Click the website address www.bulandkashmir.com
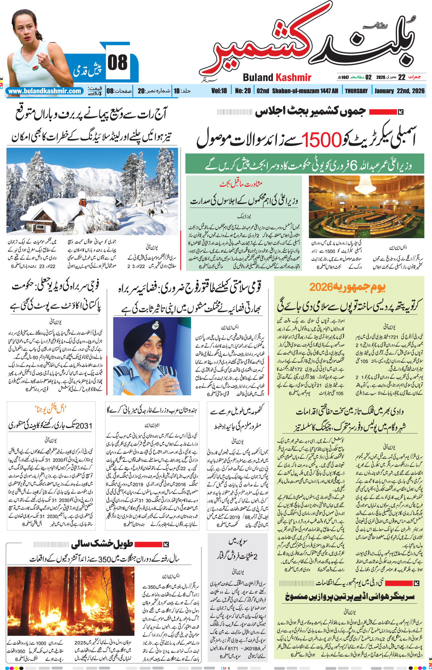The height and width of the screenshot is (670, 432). click(x=45, y=91)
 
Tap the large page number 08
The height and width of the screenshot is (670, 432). click(x=118, y=63)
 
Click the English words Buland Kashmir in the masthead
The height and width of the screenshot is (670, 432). click(x=277, y=78)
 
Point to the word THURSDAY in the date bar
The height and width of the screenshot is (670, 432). click(x=356, y=91)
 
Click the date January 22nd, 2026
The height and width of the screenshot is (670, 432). click(x=399, y=91)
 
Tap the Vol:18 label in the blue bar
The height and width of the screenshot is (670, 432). click(x=219, y=91)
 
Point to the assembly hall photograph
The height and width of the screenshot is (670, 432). click(x=366, y=207)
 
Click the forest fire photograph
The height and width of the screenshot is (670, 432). click(x=71, y=601)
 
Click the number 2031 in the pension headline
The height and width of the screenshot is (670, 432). click(x=84, y=425)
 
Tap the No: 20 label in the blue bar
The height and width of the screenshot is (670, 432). click(x=243, y=91)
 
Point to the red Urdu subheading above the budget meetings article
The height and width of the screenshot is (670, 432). click(x=241, y=184)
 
